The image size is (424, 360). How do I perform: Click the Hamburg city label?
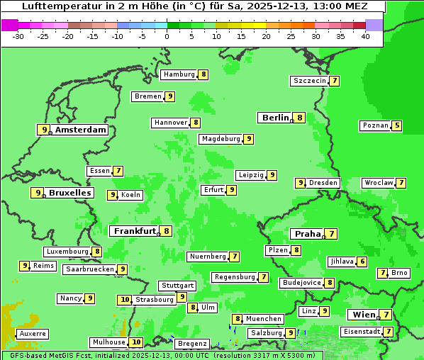(x=179, y=74)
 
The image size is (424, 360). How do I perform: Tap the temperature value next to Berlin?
(x=300, y=118)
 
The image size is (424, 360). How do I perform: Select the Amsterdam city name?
(x=81, y=130)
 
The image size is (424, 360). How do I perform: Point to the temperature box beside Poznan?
(x=397, y=126)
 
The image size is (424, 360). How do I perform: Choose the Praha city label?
(x=307, y=234)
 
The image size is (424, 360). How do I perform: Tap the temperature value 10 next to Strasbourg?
(x=124, y=300)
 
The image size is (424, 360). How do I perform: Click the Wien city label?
(x=362, y=315)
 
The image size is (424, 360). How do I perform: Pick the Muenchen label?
(x=264, y=319)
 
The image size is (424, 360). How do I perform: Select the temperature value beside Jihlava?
(x=362, y=261)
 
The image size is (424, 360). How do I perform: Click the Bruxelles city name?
(x=69, y=193)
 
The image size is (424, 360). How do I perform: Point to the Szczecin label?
(x=309, y=81)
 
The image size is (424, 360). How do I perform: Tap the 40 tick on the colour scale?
(x=365, y=36)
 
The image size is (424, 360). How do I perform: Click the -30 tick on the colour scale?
(x=18, y=36)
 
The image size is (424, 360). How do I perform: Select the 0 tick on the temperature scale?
(x=167, y=36)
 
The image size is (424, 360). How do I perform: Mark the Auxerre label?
(x=33, y=333)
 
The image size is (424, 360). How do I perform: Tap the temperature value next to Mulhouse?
(x=136, y=342)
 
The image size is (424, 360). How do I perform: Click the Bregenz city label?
(x=191, y=344)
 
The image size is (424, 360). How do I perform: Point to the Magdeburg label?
(x=221, y=139)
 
